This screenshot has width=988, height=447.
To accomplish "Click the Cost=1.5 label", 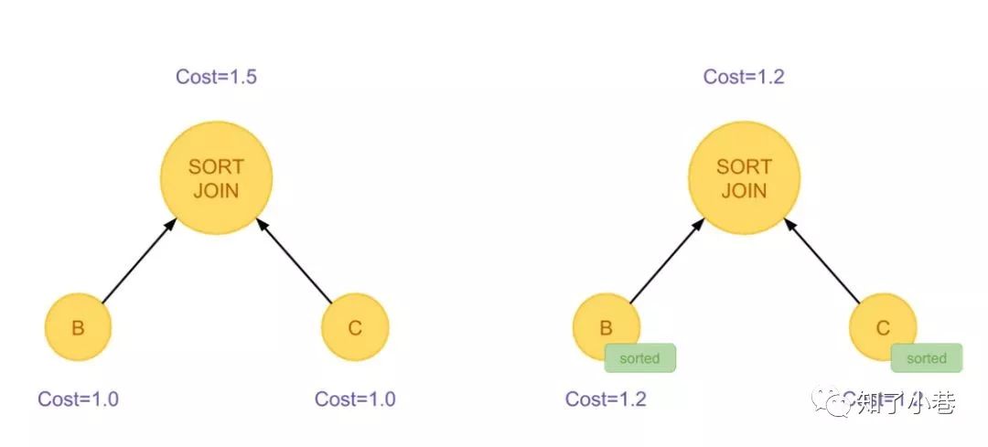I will pyautogui.click(x=216, y=77).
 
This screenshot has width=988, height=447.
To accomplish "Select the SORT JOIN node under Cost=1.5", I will pyautogui.click(x=216, y=178).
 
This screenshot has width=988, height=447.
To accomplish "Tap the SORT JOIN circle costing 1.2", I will pyautogui.click(x=744, y=178).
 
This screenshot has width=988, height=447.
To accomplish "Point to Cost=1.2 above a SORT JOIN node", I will pyautogui.click(x=744, y=77).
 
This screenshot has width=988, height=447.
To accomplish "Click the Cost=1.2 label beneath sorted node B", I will pyautogui.click(x=606, y=399).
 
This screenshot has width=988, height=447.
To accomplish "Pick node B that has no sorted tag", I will pyautogui.click(x=78, y=327).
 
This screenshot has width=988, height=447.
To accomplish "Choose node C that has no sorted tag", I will pyautogui.click(x=355, y=327).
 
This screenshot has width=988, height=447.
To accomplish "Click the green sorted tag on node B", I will pyautogui.click(x=639, y=358).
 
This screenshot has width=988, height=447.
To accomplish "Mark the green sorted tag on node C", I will pyautogui.click(x=926, y=358).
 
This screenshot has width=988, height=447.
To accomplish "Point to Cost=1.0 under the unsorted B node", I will pyautogui.click(x=78, y=399).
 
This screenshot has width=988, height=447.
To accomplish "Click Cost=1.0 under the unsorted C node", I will pyautogui.click(x=355, y=399).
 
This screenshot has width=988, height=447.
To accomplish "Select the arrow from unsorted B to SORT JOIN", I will pyautogui.click(x=137, y=261).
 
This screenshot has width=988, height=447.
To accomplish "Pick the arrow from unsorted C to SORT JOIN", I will pyautogui.click(x=295, y=261).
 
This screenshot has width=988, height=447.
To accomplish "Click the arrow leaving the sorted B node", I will pyautogui.click(x=665, y=261).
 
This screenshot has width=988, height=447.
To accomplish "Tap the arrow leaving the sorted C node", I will pyautogui.click(x=822, y=261).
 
